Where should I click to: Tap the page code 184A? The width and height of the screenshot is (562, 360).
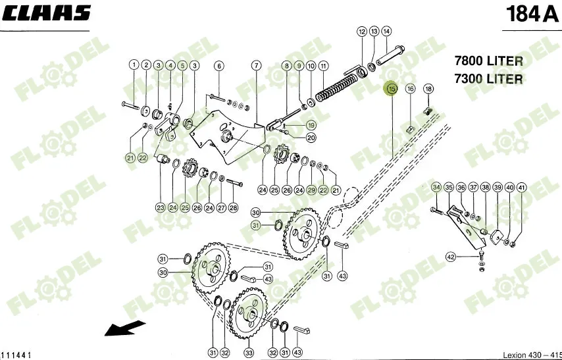point(530,14)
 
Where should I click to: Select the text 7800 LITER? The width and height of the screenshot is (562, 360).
point(488,61)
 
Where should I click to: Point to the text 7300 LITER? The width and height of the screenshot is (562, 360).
point(488,80)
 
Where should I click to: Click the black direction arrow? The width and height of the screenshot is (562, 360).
point(124,327)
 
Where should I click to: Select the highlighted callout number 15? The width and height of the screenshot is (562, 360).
point(392,89)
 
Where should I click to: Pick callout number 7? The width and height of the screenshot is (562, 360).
point(256,66)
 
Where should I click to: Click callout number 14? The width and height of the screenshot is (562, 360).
point(386,31)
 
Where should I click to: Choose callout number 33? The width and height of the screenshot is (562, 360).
point(249,353)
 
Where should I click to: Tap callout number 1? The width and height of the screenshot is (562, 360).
point(134,65)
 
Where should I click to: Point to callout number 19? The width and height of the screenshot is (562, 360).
point(311,125)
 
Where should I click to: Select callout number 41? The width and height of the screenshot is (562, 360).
point(522,188)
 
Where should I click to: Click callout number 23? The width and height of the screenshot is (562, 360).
point(160,207)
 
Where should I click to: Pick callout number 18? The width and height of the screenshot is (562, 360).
point(428,89)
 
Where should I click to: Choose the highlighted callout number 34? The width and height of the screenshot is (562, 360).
point(436,188)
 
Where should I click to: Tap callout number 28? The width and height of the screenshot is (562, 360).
point(234,208)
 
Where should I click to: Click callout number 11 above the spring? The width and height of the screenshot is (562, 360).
point(323,66)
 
